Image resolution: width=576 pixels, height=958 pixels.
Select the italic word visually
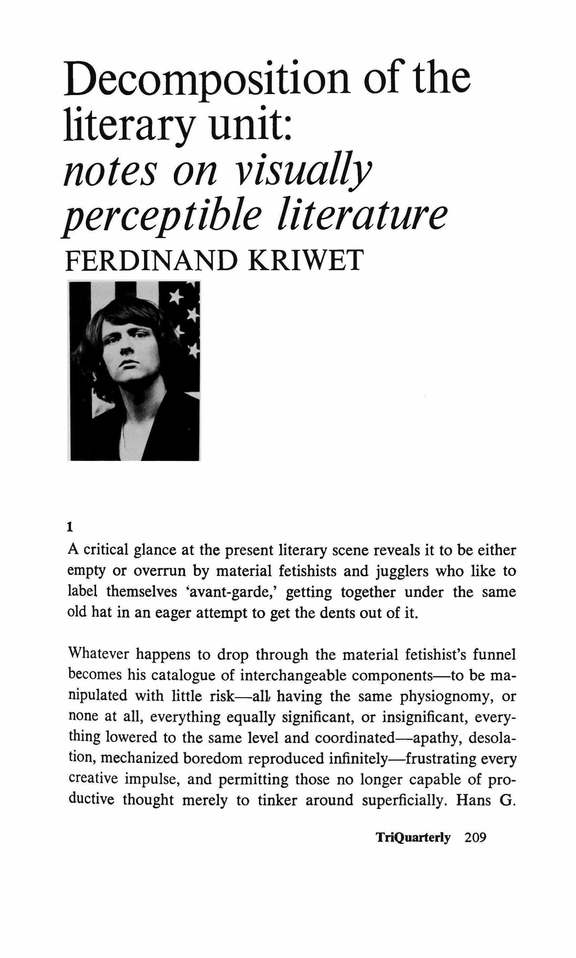(x=303, y=171)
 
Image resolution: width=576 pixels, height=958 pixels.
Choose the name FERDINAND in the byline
(x=151, y=261)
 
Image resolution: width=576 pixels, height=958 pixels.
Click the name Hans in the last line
(x=472, y=800)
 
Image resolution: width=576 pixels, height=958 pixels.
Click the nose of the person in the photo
(x=125, y=350)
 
